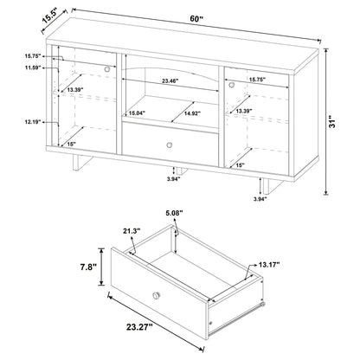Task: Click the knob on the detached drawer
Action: (x=157, y=297)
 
